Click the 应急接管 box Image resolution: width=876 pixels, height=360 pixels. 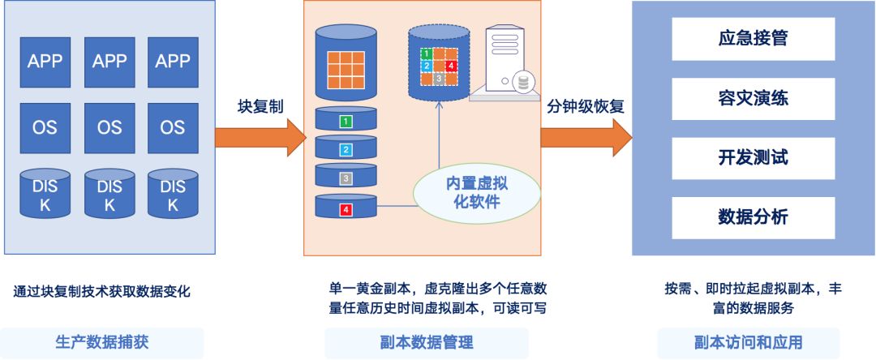tap(753, 38)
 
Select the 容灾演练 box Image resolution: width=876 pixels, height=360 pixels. tap(753, 98)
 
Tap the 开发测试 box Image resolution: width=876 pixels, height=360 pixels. tap(753, 157)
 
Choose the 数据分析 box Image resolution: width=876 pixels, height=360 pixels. tap(753, 217)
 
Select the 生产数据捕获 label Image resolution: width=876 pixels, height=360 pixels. tap(101, 342)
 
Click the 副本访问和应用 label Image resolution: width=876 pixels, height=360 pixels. tap(748, 342)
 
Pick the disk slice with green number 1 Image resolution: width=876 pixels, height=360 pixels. tap(346, 122)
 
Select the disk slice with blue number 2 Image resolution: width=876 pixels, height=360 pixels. tap(346, 149)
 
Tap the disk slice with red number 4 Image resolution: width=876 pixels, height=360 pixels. tap(346, 209)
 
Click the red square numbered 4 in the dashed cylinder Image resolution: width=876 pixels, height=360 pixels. tap(452, 66)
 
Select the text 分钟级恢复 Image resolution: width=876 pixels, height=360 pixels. tap(586, 107)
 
